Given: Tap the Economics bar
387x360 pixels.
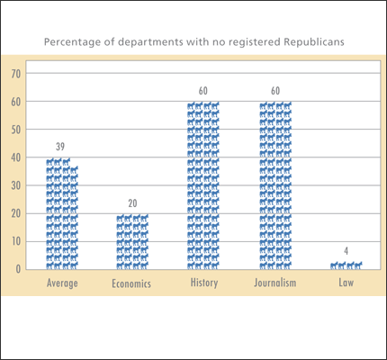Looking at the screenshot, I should (132, 241).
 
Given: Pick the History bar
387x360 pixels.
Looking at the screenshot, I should (203, 185).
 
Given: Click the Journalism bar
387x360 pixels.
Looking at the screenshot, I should (275, 185).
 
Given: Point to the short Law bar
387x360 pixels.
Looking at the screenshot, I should (346, 265).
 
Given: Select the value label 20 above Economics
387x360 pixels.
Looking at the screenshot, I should (132, 204).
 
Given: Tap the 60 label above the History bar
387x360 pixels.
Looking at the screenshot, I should (203, 92).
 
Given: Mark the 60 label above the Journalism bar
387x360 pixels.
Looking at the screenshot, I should (275, 92).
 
